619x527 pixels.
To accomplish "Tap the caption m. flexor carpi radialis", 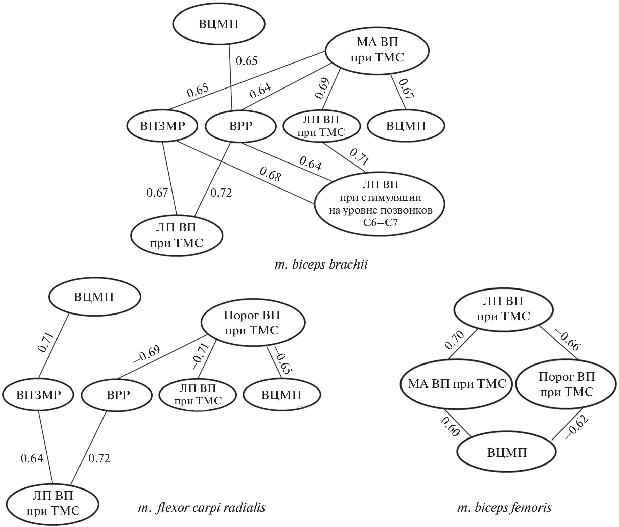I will click(202, 508).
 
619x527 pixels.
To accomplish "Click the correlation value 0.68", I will click(270, 174).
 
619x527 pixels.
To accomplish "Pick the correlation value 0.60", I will click(450, 427).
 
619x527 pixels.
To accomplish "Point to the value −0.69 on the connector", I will click(146, 354).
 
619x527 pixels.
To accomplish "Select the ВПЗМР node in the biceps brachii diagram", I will click(163, 126).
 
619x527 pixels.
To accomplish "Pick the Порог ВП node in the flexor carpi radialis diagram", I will click(252, 323).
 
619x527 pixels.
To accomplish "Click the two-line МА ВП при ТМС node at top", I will click(377, 50).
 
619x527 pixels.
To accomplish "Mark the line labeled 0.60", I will click(457, 422).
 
